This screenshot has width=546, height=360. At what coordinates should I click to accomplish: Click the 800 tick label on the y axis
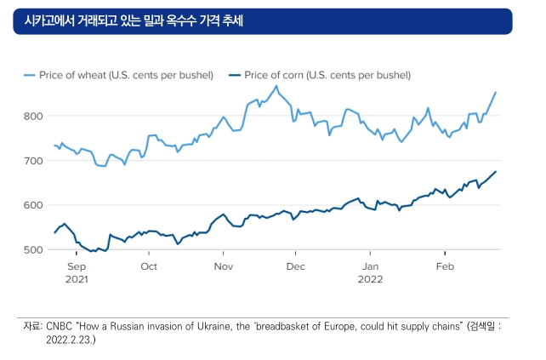33,116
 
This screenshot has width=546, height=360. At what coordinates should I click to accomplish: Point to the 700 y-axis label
33,161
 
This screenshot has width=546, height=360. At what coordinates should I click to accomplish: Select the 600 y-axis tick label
33,205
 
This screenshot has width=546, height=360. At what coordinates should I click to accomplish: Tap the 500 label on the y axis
33,250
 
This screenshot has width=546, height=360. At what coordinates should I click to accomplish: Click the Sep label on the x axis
77,266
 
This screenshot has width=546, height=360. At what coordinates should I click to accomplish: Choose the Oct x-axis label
149,266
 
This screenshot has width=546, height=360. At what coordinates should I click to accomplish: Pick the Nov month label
224,266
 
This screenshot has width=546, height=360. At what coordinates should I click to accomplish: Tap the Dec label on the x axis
296,266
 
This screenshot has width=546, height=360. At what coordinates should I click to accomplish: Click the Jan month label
370,266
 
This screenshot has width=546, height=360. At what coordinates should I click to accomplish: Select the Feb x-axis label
446,266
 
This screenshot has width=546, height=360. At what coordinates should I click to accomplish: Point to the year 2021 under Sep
77,279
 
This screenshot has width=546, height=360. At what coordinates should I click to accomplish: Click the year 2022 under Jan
370,279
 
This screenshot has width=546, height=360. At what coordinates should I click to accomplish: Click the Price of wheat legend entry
119,75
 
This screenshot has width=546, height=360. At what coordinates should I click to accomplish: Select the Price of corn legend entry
320,75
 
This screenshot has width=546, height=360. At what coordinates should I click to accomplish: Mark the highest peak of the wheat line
276,86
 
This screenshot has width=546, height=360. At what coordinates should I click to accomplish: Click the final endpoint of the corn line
496,171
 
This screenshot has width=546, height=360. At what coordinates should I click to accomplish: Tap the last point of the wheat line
496,93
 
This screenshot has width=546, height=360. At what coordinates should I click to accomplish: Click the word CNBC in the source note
60,327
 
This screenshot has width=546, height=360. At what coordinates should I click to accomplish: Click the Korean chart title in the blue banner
134,21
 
